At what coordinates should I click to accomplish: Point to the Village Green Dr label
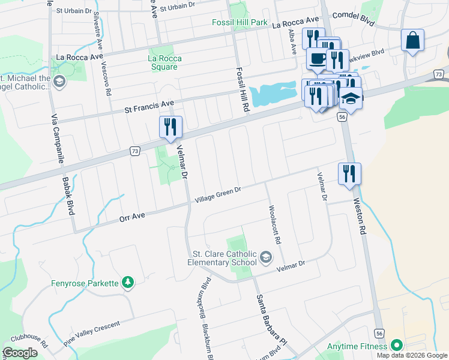tap(217, 194)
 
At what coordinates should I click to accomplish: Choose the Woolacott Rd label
tap(276, 224)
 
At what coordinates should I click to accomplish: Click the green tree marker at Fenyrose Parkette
tap(127, 282)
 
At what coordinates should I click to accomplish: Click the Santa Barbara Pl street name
tap(271, 323)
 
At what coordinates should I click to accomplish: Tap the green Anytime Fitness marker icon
tap(396, 346)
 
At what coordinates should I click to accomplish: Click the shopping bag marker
tap(412, 41)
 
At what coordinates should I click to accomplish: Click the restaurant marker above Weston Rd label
tap(349, 174)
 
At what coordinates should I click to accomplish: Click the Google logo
tap(20, 353)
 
